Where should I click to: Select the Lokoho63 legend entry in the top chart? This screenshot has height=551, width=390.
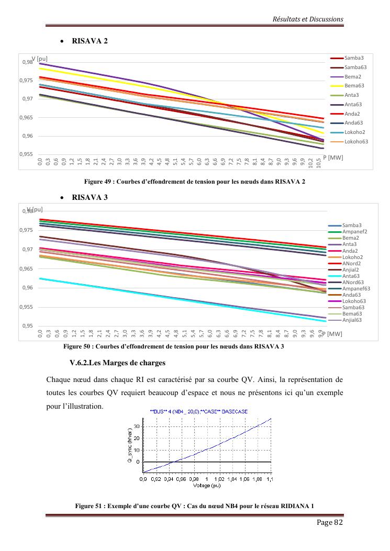[356, 141]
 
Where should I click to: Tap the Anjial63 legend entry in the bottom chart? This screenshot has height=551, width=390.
[352, 320]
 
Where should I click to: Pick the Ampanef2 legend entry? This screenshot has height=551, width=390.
[354, 231]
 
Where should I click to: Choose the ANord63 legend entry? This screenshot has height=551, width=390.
[353, 282]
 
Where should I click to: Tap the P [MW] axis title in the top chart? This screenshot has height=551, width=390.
[332, 157]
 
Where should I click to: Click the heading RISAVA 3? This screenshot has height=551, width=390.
[90, 197]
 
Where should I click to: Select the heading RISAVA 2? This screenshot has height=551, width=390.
[90, 41]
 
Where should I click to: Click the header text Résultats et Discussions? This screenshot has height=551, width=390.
[308, 19]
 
